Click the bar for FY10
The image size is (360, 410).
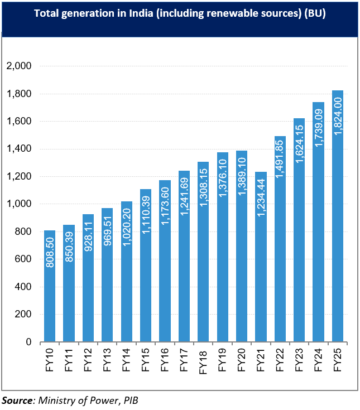50,286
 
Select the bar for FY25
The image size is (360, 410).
338,216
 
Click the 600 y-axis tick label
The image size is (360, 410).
22,259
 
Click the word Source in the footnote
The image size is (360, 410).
16,399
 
